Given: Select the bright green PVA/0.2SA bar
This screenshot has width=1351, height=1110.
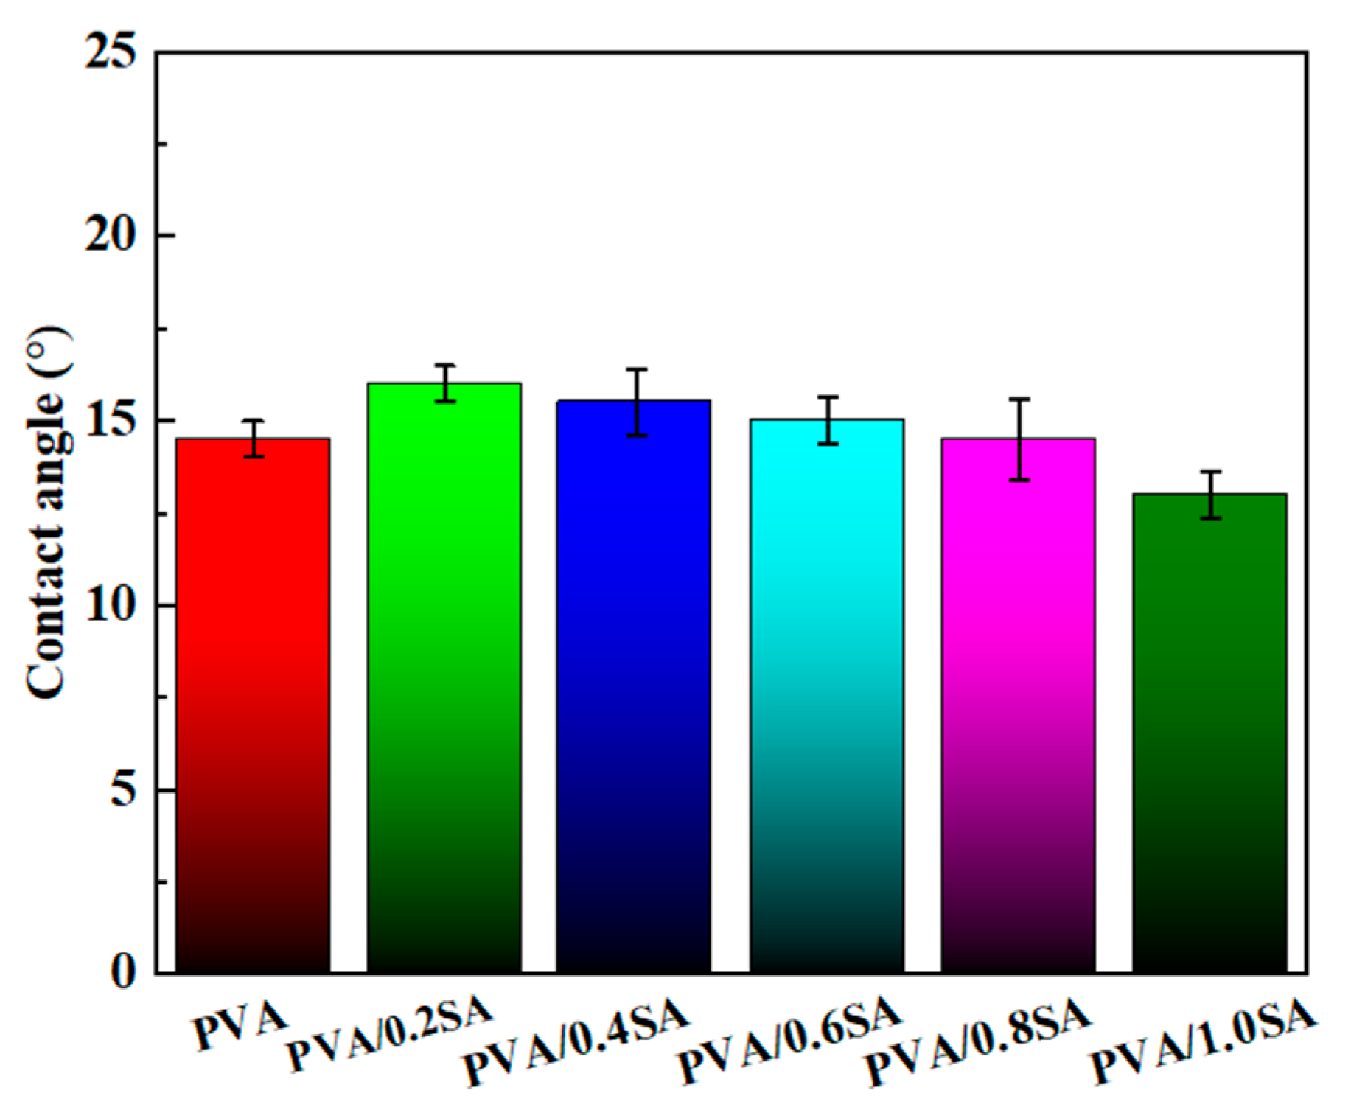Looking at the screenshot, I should (444, 677).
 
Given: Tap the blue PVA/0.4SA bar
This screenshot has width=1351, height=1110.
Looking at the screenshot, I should (634, 686).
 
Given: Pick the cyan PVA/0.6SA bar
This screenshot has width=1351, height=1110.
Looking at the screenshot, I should (827, 696).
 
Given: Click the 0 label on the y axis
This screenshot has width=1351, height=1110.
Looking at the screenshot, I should (124, 973).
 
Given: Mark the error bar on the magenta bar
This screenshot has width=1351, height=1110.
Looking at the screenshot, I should (1019, 439).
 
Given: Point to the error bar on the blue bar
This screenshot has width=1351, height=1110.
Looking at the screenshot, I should (637, 402).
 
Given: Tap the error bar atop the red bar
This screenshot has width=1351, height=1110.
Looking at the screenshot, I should (254, 439).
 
